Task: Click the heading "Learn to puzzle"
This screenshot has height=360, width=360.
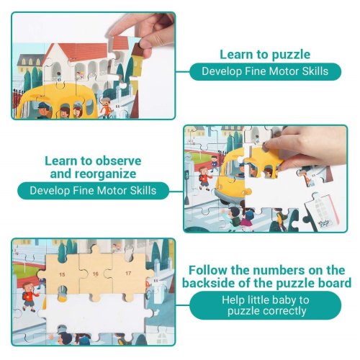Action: (265, 55)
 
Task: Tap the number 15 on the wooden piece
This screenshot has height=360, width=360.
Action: (62, 274)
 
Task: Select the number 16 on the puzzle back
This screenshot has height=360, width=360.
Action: (96, 274)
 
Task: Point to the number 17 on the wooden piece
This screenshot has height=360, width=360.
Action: (128, 273)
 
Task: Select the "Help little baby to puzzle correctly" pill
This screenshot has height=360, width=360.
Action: (266, 305)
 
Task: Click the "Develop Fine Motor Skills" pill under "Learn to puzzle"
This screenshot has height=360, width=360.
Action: (265, 71)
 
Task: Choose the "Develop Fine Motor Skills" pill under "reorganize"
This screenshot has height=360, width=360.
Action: (93, 191)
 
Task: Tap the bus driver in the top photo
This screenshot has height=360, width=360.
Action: (44, 111)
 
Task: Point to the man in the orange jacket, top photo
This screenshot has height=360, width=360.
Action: (106, 107)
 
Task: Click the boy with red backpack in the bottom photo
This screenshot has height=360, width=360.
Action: (29, 297)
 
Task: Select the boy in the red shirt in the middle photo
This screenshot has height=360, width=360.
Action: (204, 179)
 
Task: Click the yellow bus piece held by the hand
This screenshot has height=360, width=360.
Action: (262, 163)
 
